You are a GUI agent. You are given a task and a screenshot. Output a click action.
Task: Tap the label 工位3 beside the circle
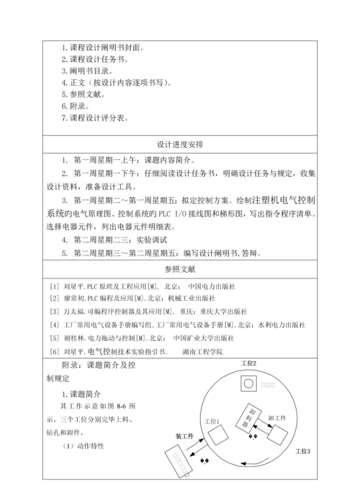pos(303,451)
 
